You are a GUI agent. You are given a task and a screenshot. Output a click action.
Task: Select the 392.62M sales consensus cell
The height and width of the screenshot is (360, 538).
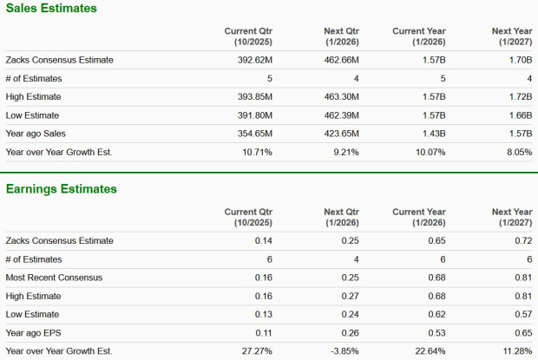tap(254, 60)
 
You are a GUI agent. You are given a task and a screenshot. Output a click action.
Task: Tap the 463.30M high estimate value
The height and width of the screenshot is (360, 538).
tap(340, 97)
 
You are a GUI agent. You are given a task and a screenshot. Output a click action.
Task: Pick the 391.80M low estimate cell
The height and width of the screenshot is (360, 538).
tap(254, 115)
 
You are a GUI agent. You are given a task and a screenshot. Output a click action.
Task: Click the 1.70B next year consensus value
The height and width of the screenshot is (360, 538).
tap(518, 60)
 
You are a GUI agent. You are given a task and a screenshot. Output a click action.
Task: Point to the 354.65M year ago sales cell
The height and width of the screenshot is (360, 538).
tap(254, 134)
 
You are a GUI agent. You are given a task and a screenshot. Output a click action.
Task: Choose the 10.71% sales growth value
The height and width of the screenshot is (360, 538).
tap(258, 152)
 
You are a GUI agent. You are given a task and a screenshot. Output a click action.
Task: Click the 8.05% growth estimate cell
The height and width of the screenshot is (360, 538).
tap(518, 152)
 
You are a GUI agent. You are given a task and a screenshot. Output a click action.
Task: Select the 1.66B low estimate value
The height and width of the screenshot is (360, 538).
tap(518, 115)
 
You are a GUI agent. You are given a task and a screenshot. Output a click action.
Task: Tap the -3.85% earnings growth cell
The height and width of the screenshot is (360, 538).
tap(344, 351)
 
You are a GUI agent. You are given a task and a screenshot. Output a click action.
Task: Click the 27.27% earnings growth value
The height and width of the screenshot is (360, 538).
tap(258, 351)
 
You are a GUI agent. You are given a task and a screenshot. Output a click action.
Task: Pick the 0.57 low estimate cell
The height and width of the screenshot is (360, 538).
tap(522, 314)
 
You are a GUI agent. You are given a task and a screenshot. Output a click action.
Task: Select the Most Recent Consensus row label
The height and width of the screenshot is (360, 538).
tap(54, 277)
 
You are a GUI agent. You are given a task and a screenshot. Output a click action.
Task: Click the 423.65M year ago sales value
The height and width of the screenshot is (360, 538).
tap(340, 134)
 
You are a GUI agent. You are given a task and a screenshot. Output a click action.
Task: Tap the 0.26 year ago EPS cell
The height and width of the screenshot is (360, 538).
tap(350, 333)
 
